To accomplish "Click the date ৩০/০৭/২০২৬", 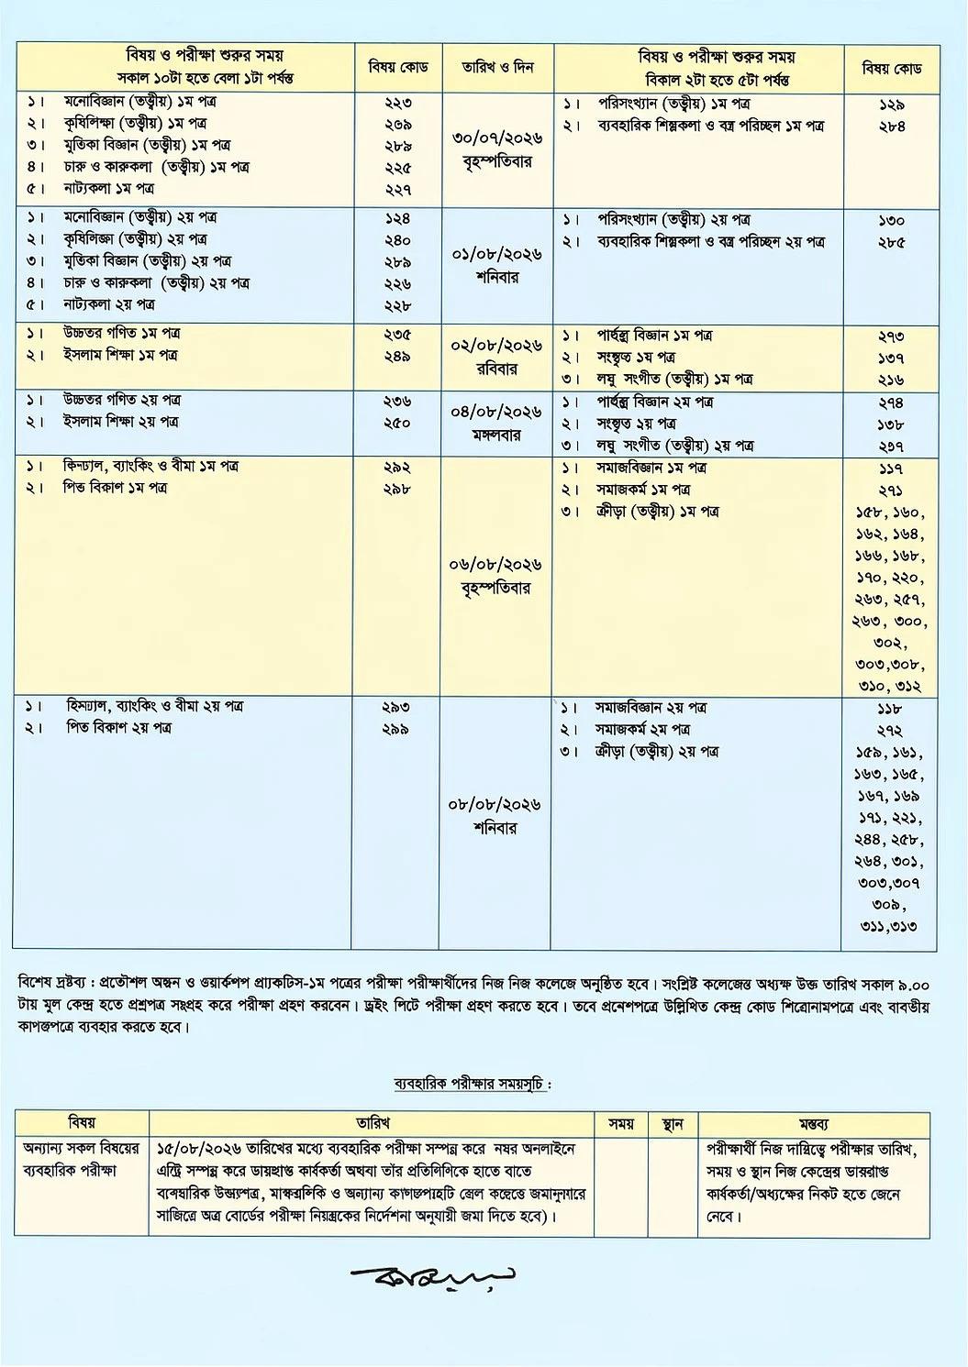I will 497,138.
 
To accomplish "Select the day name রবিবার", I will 496,369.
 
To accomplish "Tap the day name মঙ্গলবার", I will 496,435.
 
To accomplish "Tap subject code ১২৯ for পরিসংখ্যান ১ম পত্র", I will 890,105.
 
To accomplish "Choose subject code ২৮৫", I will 890,243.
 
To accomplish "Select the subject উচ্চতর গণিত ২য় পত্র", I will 122,400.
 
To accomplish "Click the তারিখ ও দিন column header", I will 498,68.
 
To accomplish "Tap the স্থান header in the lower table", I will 673,1123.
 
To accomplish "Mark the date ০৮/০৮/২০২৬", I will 495,805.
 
